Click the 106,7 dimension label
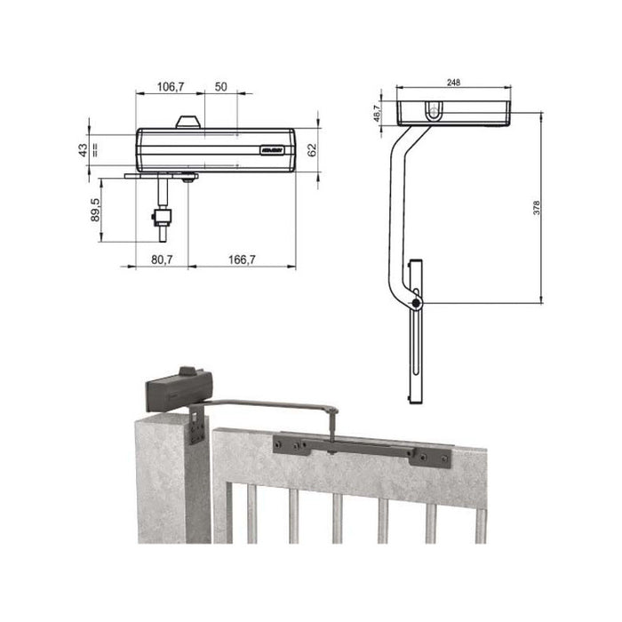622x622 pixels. pyautogui.click(x=170, y=86)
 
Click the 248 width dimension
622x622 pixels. pyautogui.click(x=453, y=83)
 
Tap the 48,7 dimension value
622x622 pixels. pyautogui.click(x=377, y=111)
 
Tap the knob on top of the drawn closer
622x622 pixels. pyautogui.click(x=187, y=122)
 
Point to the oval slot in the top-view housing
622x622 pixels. pyautogui.click(x=433, y=111)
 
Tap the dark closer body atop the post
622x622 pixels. pyautogui.click(x=178, y=388)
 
